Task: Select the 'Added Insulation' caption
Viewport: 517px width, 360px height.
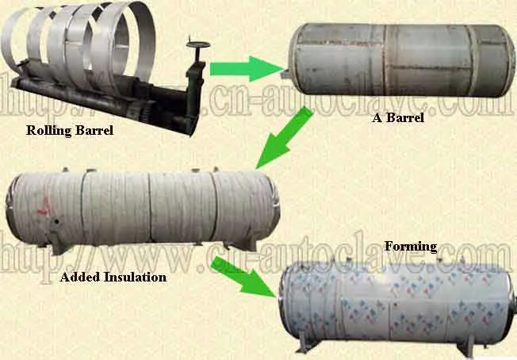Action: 113,278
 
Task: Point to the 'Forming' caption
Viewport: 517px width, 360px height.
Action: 410,247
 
